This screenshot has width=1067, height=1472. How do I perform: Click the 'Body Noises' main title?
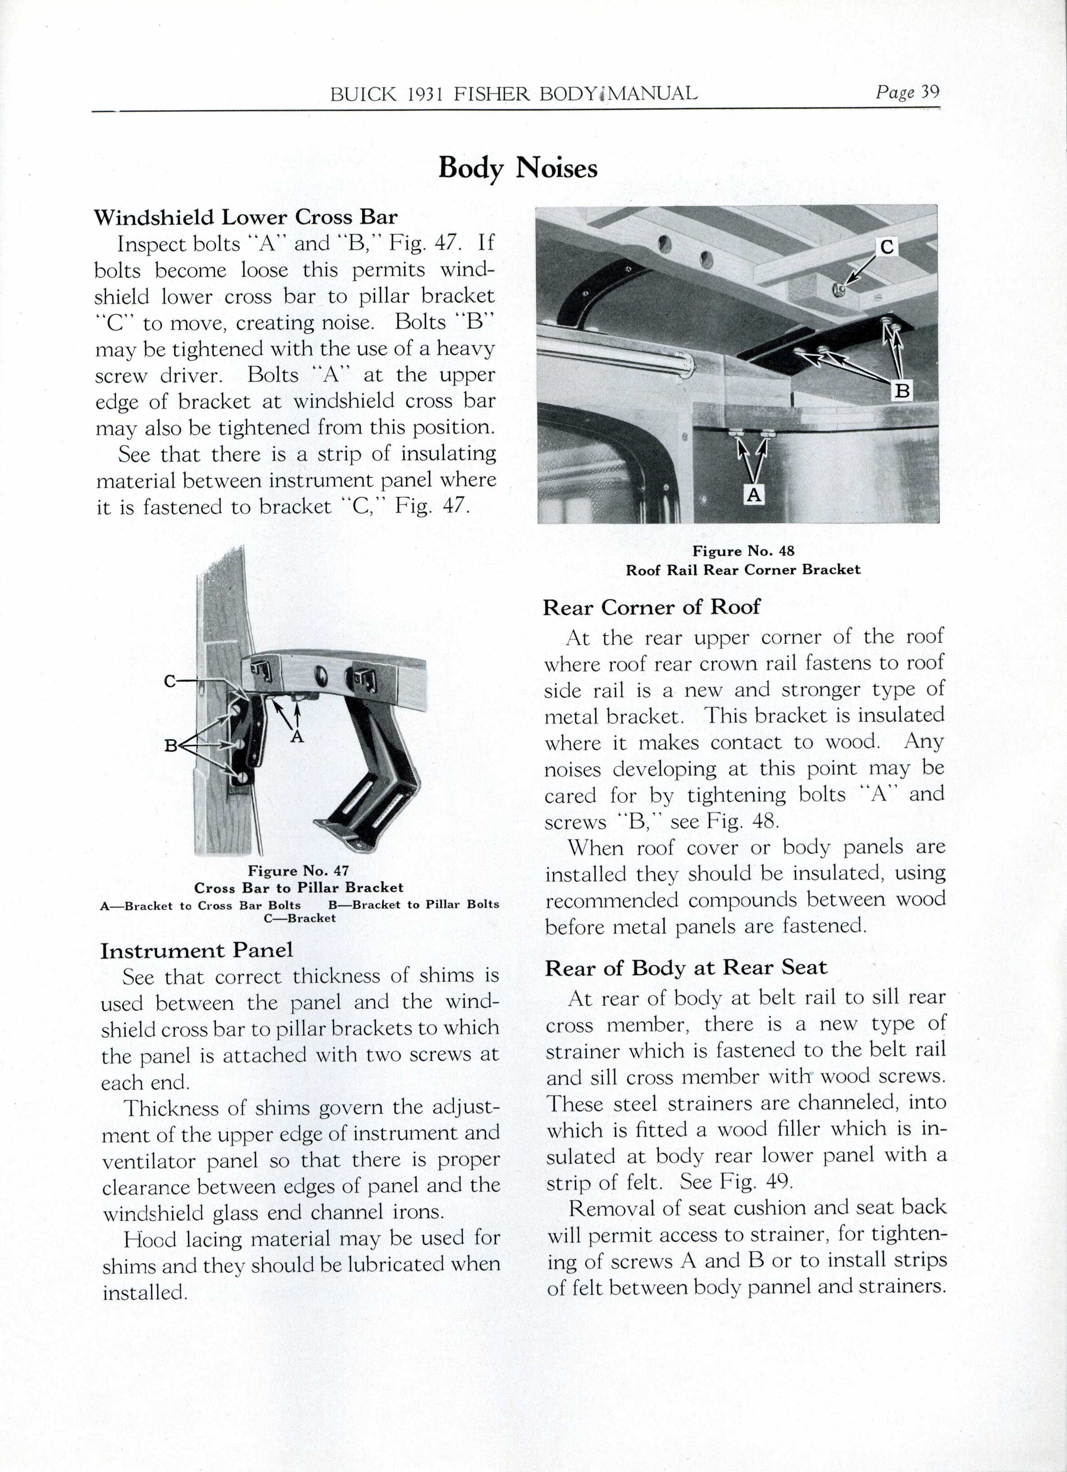[x=518, y=169]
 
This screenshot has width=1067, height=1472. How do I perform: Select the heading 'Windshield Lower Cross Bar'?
[x=246, y=217]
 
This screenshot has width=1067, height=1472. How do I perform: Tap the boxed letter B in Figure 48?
[x=902, y=391]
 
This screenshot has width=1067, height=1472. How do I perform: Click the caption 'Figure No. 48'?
[x=743, y=551]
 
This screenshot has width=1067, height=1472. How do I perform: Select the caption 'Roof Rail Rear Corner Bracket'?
[x=743, y=570]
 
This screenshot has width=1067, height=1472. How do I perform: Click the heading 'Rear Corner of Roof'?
[x=651, y=607]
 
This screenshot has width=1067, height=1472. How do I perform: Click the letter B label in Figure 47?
[x=171, y=746]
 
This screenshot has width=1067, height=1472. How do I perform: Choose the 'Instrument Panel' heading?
[x=196, y=950]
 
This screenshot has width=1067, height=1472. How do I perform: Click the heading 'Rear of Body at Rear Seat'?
[x=686, y=968]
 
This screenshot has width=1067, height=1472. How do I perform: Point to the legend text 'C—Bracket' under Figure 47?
[x=299, y=918]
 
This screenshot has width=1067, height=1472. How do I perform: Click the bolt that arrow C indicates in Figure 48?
[x=837, y=290]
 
